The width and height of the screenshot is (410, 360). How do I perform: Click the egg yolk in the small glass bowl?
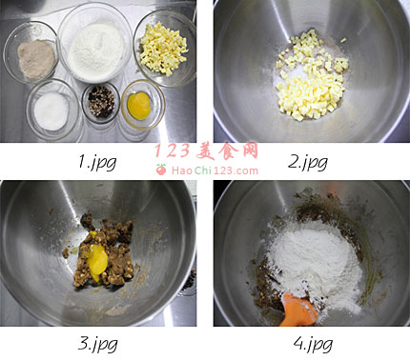(x=139, y=106)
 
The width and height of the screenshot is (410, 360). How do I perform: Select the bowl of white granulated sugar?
(x=51, y=110)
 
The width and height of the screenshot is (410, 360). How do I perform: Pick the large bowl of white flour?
(x=95, y=44)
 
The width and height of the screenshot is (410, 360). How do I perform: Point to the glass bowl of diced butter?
(x=165, y=49)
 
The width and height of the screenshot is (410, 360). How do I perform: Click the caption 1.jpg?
(x=97, y=162)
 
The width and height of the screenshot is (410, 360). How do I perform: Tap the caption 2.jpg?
(x=308, y=162)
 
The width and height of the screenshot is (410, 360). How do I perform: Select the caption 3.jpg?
(x=97, y=344)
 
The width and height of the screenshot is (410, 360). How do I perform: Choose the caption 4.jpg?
(x=313, y=344)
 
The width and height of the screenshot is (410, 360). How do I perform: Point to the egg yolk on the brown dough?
(x=96, y=256)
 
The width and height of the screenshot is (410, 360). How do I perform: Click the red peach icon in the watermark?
(x=161, y=170)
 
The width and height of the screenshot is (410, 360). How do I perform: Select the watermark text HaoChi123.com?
(x=215, y=170)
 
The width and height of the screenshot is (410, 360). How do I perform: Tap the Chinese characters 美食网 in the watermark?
(x=227, y=150)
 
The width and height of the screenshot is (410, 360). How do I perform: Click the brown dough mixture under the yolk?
(x=103, y=250)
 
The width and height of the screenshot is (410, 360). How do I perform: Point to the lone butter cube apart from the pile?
(x=343, y=40)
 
